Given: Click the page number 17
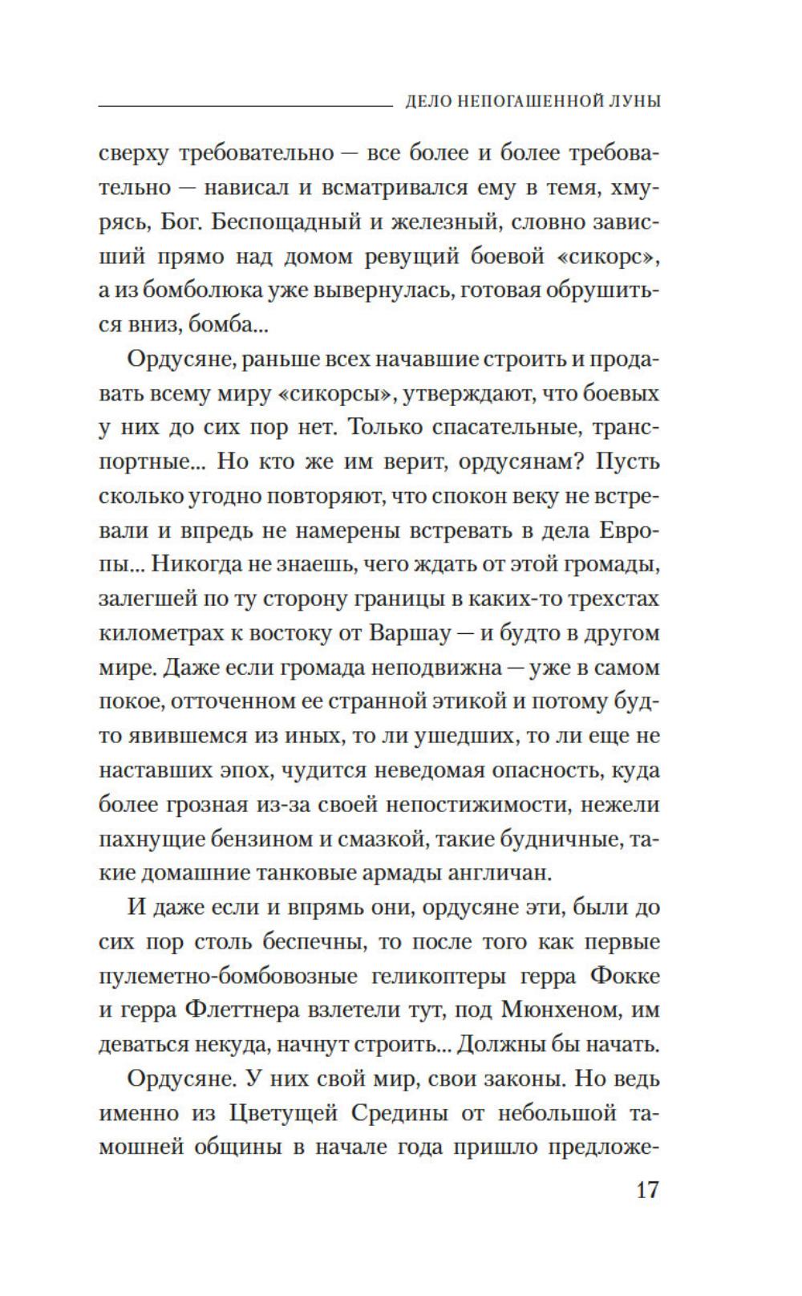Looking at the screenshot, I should point(647,1190).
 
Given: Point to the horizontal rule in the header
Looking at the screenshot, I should point(241,104).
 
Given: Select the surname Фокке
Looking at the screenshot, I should point(624,977).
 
